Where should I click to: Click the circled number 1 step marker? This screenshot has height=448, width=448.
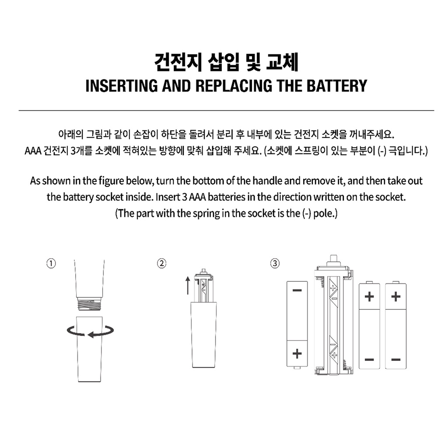point(51,263)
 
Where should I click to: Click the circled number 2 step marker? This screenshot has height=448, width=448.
point(162,263)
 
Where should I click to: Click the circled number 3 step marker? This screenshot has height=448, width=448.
point(275,263)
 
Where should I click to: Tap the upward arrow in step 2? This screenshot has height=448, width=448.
point(188,285)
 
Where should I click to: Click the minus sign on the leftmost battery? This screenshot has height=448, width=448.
point(297,290)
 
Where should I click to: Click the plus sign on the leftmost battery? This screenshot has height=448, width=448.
point(297,353)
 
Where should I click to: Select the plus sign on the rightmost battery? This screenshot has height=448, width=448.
point(395,297)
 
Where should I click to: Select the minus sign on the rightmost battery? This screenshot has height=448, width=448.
point(395,360)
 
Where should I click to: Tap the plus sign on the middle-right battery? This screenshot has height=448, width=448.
point(369,297)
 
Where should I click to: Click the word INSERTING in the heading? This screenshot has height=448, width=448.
point(122,86)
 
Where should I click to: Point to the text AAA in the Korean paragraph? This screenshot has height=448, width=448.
point(33,151)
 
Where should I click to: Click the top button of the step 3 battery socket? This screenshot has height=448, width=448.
point(333,260)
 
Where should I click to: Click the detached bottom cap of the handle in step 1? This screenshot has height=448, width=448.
point(90,349)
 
